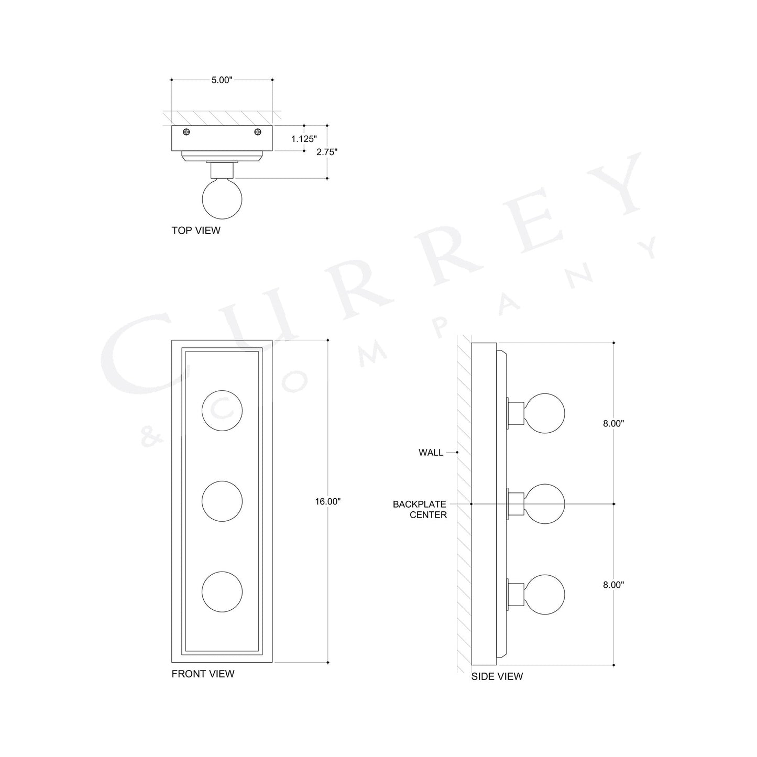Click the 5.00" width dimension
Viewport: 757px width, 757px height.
222,80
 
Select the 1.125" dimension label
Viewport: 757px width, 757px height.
304,139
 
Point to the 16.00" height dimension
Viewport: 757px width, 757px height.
327,501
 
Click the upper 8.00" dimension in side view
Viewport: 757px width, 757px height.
613,424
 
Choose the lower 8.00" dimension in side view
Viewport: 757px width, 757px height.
613,585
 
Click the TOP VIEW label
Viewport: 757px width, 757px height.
196,231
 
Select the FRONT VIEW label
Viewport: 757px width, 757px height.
203,674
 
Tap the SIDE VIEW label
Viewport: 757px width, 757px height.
497,676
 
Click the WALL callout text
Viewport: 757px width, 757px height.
431,452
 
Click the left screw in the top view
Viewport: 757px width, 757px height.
186,131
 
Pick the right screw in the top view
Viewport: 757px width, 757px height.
257,131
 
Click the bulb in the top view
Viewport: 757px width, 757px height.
222,199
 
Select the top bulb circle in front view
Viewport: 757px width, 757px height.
222,411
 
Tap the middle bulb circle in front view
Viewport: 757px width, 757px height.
222,501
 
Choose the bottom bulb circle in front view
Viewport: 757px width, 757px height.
222,591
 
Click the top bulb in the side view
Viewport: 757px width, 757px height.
545,413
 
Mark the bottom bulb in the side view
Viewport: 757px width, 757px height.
545,594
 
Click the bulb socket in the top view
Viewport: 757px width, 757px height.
222,170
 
